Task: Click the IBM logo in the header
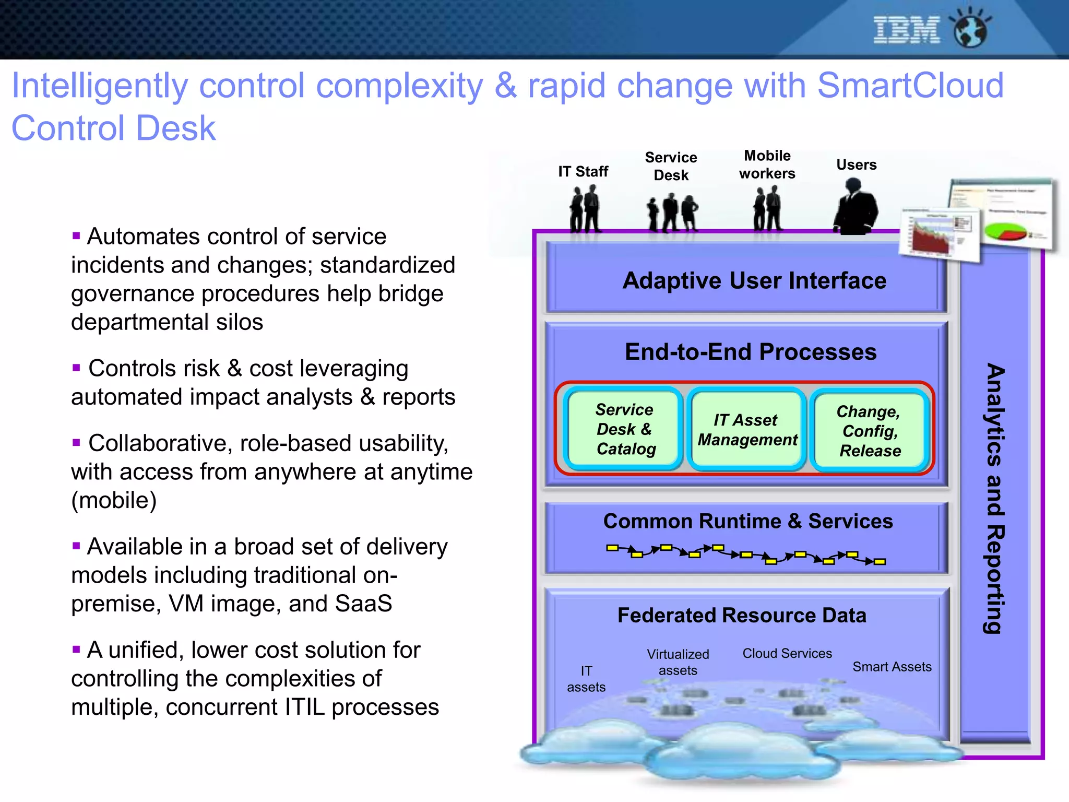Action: coord(906,30)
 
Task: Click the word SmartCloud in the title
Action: coord(910,85)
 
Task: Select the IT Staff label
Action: coord(583,171)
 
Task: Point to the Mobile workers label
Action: coord(767,164)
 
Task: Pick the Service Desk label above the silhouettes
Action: coord(671,166)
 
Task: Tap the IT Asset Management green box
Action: coord(747,430)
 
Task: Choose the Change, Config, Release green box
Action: coord(869,431)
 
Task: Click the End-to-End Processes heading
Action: coord(751,352)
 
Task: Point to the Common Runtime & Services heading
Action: coord(747,521)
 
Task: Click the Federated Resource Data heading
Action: coord(742,615)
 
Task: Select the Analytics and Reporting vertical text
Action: coord(995,499)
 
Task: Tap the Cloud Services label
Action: coord(787,653)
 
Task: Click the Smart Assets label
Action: coord(892,667)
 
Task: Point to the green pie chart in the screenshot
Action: coord(1005,230)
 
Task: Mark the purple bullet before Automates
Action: coord(76,236)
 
